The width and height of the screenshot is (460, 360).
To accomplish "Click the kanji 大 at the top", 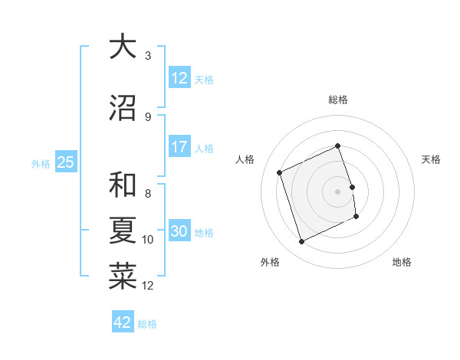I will point(123,47).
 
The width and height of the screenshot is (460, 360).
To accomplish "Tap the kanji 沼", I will point(123,108).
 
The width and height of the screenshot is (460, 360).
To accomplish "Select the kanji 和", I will point(123,185).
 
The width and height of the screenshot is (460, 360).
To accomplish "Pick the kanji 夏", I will point(123,231).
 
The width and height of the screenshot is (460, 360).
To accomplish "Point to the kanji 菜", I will point(123,277).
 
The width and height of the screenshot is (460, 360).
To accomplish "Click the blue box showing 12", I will point(179,78).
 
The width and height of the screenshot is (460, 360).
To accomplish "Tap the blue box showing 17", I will point(179,147).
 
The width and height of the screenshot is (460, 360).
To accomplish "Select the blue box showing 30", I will point(179,232).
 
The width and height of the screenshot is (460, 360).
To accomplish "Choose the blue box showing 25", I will point(66,162).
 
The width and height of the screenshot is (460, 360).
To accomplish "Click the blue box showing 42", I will point(123,322).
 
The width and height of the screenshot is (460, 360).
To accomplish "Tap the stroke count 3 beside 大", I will point(148,56).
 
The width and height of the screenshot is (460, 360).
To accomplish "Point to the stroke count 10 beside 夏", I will point(148,240).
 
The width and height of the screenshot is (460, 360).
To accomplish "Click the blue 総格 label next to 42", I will point(147,324).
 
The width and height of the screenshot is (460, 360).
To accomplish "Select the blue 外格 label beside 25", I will point(41,163).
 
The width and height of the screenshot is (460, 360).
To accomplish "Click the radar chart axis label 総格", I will point(338,100).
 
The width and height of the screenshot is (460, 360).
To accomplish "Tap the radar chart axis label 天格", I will point(432,159).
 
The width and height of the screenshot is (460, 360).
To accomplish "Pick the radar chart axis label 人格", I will point(245,159).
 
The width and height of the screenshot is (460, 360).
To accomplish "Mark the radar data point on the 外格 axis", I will point(301,242).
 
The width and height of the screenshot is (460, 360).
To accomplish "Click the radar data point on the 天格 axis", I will point(353,186).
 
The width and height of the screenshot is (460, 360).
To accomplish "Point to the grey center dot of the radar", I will point(338,191).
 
